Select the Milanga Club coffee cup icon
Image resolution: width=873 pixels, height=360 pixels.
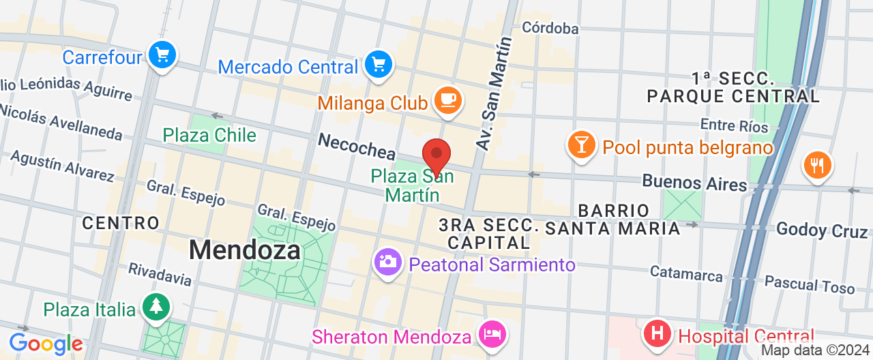[x=447, y=100]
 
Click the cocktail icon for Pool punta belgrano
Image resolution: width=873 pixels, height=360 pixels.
[x=581, y=145]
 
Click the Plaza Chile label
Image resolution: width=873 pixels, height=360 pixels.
[x=209, y=135]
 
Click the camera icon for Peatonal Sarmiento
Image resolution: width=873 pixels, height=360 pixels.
[x=388, y=261]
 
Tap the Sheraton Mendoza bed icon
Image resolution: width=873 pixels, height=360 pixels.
[x=491, y=334]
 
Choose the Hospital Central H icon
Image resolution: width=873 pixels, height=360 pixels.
[x=657, y=334]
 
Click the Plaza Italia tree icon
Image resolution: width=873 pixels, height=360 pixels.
[x=156, y=306]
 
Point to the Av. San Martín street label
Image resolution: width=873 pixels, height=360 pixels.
[x=494, y=93]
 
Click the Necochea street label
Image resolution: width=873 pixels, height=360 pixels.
[x=357, y=145]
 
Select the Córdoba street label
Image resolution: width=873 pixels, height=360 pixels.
[x=550, y=28]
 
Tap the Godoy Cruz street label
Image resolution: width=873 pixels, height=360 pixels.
[x=822, y=230]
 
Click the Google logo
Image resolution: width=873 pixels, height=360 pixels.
[x=46, y=344]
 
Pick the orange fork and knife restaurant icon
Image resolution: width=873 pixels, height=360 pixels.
[x=816, y=164]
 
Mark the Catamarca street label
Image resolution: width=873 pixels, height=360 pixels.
[x=686, y=273]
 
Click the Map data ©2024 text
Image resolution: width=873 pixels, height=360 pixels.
[x=815, y=350]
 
